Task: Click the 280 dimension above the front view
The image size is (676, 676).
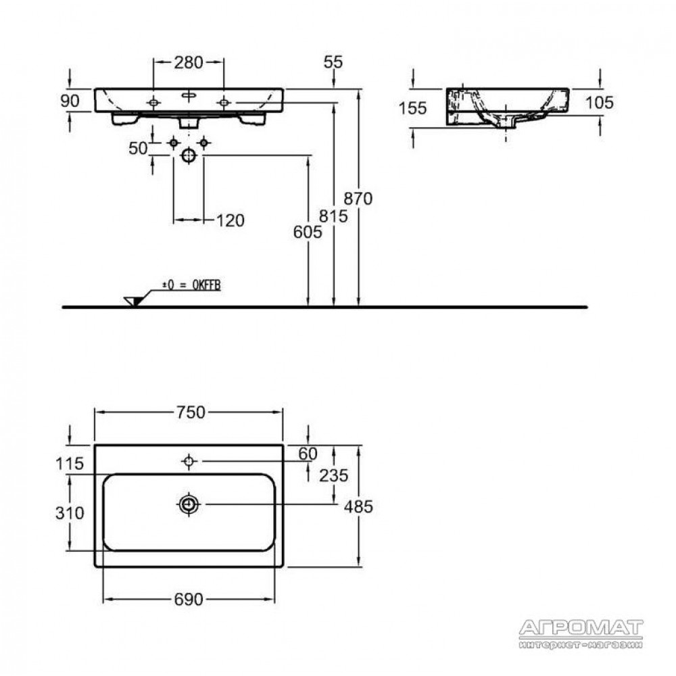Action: pos(189,62)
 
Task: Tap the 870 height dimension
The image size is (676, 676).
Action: pos(358,199)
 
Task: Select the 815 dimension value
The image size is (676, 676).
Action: pos(334,216)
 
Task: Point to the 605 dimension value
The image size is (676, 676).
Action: pos(308,233)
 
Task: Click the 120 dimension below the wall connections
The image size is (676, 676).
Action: pos(231,221)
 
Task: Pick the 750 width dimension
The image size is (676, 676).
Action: pos(191,412)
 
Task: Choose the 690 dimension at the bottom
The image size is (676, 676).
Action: pos(189,599)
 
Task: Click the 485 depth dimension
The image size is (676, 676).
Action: pos(358,506)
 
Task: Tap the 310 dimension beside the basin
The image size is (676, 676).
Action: pos(70,513)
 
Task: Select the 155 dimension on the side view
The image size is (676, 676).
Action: pos(412,108)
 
